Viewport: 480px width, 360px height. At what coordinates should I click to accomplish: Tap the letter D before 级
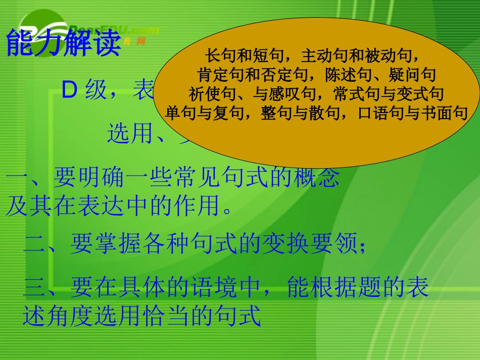69,90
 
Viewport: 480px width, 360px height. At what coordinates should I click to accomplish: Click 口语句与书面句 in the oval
413,113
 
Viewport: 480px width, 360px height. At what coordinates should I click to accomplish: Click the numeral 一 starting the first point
18,178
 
